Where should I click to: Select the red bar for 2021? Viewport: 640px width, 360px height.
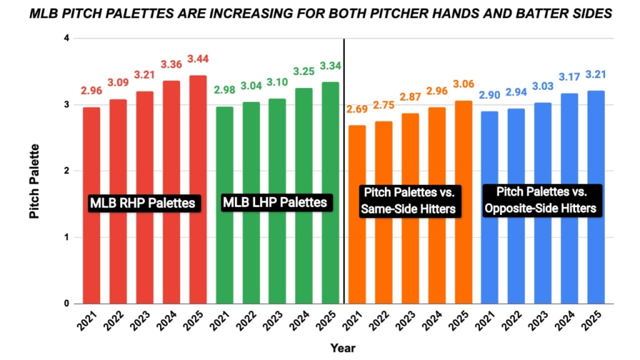coord(91,206)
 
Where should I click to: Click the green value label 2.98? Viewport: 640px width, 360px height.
coord(224,90)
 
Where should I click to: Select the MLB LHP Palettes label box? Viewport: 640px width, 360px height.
coord(275,202)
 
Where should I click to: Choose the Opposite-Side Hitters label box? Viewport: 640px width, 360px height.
coord(543,200)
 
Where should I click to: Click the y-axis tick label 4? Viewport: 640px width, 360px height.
coord(66,39)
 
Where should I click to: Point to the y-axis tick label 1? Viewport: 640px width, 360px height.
coord(66,237)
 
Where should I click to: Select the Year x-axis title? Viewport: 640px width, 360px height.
coord(343,347)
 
